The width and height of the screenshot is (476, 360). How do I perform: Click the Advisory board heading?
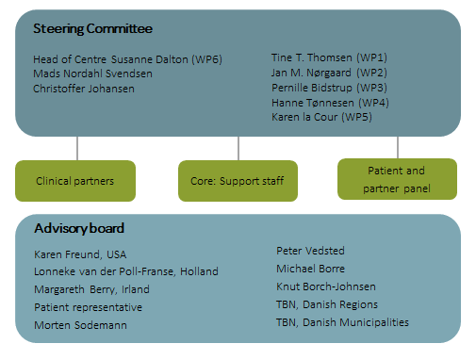tap(80, 229)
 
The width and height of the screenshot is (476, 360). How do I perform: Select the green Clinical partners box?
tap(75, 180)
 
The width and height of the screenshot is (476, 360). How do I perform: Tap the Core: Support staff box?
tap(237, 180)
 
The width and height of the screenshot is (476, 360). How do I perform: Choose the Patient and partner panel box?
tap(397, 179)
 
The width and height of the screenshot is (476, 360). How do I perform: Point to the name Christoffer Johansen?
tap(83, 89)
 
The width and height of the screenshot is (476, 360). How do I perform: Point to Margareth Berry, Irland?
tap(91, 289)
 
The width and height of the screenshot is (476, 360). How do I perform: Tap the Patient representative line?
tap(88, 307)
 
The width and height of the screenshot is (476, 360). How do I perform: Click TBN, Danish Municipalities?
tap(342, 322)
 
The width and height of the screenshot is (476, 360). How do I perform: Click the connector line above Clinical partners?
tap(76, 148)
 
